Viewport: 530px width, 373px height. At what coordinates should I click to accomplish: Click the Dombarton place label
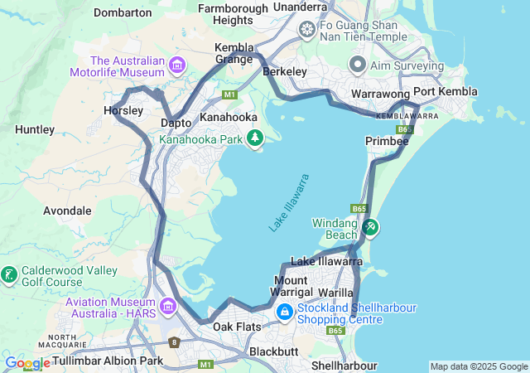click(123, 12)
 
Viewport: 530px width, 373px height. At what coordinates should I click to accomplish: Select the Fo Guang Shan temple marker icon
click(307, 31)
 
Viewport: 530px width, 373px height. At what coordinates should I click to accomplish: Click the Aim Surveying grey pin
click(358, 65)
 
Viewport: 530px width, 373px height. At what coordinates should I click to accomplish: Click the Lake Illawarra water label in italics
click(289, 202)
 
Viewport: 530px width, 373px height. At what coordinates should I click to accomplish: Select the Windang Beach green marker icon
click(370, 225)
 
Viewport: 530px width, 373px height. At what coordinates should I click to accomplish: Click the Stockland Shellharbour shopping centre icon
click(284, 312)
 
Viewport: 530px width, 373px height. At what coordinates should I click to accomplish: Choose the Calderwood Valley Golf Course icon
click(9, 274)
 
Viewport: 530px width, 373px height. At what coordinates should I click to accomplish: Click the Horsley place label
click(123, 110)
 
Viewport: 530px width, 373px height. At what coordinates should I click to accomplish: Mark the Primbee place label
click(387, 142)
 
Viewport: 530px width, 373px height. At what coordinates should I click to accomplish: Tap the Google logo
click(27, 363)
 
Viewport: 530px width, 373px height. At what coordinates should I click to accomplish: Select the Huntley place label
click(35, 129)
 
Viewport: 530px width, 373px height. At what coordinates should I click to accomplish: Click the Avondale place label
click(67, 211)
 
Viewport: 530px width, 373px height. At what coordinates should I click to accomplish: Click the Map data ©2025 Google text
click(479, 366)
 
